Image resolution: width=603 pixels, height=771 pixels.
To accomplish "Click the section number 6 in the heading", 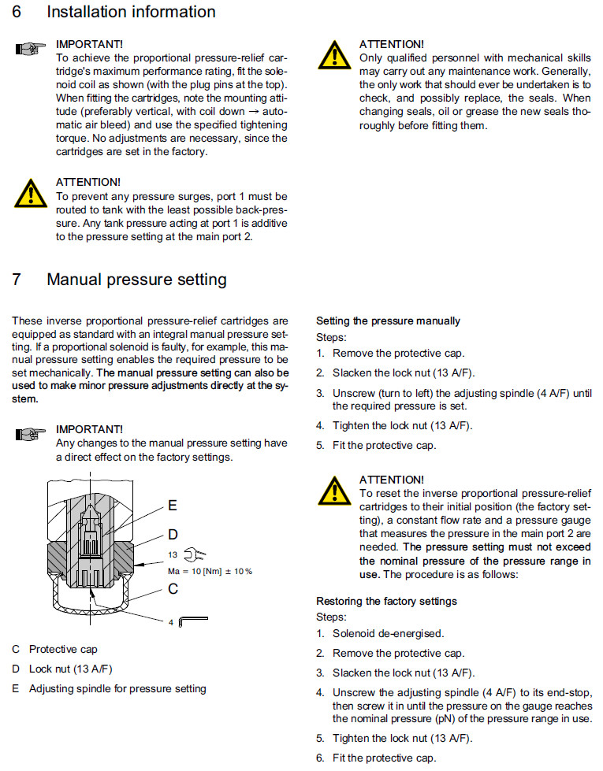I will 18,12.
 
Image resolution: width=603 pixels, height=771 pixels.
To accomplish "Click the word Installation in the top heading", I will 93,12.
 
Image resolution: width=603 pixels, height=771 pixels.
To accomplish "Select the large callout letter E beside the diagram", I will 172,505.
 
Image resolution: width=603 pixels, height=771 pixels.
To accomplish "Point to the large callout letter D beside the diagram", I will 173,535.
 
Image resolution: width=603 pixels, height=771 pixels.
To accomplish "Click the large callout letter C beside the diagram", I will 173,588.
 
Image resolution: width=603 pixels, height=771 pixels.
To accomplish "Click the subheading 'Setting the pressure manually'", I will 388,321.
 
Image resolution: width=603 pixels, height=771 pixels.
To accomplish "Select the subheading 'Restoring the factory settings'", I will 386,601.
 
